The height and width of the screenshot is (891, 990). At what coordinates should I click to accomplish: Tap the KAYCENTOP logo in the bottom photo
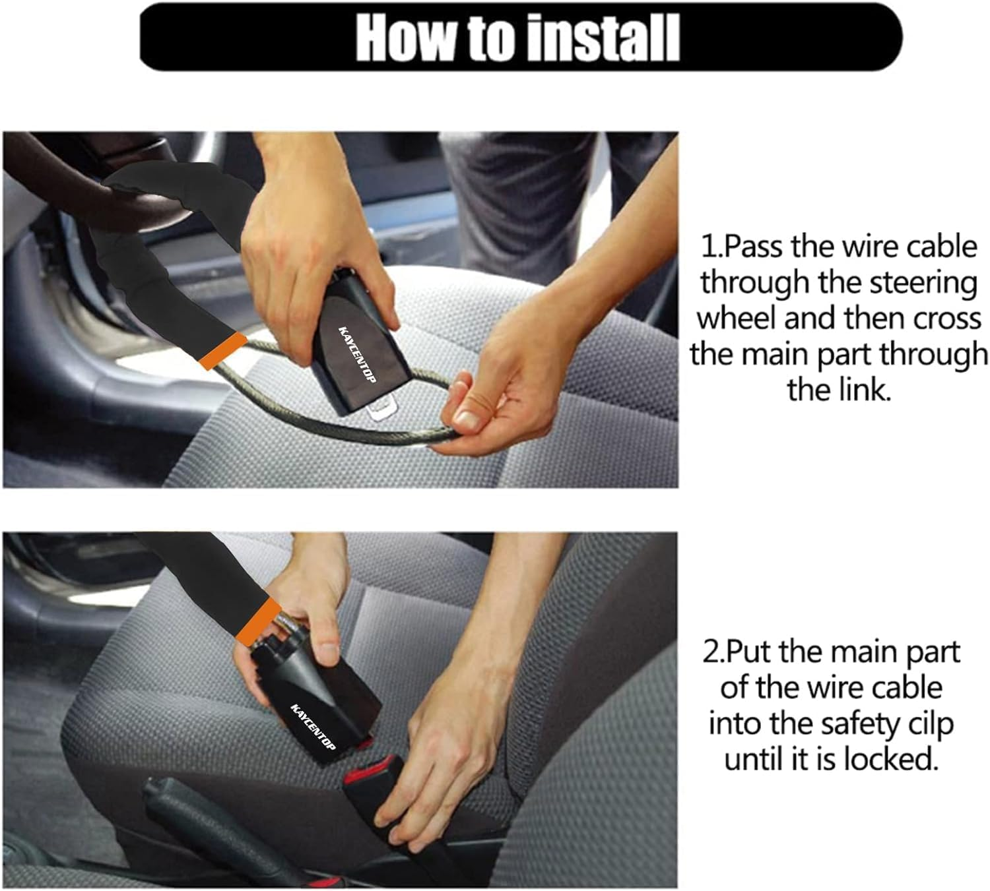[x=313, y=726]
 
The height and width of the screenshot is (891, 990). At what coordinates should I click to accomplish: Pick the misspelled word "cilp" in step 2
[x=929, y=723]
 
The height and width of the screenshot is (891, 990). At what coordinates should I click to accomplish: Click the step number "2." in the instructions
[x=713, y=652]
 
